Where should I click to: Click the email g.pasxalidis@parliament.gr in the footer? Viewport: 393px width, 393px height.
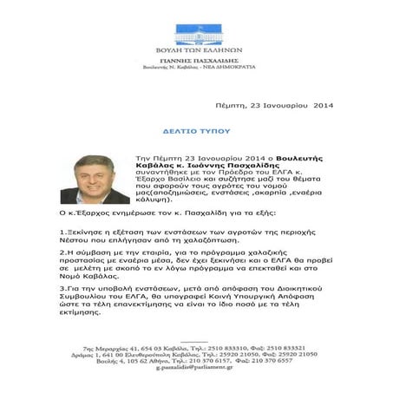197,369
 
